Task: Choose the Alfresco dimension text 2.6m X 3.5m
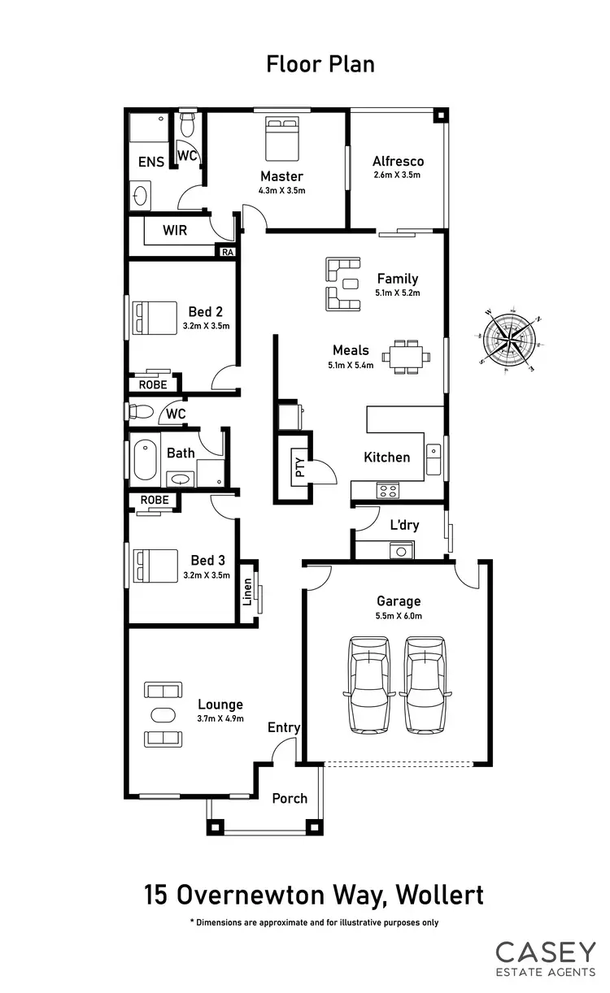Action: pyautogui.click(x=398, y=175)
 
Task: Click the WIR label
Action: pyautogui.click(x=175, y=230)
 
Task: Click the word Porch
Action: pyautogui.click(x=290, y=798)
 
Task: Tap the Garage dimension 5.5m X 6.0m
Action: pyautogui.click(x=399, y=615)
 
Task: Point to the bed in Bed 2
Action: pyautogui.click(x=155, y=317)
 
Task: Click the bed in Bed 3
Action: pyautogui.click(x=155, y=566)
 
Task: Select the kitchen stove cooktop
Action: pyautogui.click(x=387, y=490)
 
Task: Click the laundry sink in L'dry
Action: pyautogui.click(x=400, y=552)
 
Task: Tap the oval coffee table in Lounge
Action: pyautogui.click(x=163, y=714)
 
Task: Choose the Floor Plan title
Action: pyautogui.click(x=320, y=64)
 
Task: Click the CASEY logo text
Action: pyautogui.click(x=546, y=952)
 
